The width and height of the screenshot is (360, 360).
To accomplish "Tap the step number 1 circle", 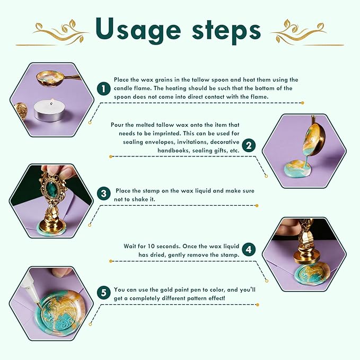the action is (103, 89).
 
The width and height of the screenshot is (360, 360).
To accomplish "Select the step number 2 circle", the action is (249, 145).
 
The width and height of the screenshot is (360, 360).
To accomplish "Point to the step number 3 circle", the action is (103, 194).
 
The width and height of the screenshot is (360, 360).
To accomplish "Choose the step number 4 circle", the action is (249, 250).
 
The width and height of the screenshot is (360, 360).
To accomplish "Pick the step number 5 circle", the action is (103, 293).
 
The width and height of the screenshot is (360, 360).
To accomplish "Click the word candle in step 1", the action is (124, 89).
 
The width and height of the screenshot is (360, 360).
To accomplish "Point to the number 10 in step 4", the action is (151, 247).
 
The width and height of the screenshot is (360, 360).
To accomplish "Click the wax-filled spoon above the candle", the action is (55, 77).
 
